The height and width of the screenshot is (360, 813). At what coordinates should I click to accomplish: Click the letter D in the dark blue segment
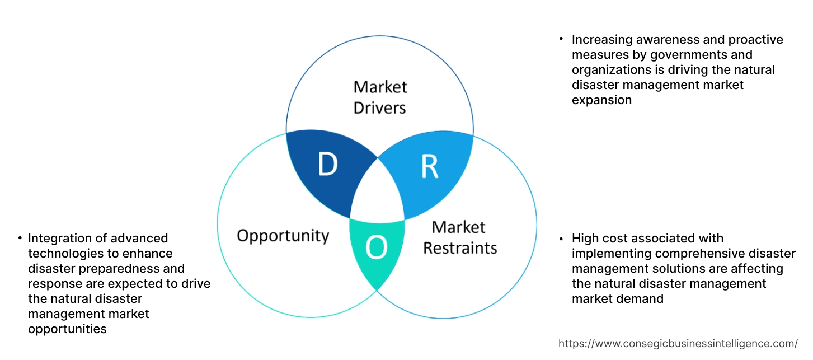pos(327,165)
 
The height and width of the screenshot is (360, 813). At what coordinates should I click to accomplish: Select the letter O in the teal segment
pos(376,249)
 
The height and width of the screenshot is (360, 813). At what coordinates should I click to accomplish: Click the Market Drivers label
pos(380,97)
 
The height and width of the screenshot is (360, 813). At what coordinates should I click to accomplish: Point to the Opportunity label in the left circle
pos(283,235)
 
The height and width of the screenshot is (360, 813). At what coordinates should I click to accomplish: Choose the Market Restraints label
pos(459,237)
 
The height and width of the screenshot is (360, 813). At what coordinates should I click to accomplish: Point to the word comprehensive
pos(683,254)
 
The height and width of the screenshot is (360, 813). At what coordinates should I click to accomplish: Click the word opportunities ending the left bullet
pos(67,329)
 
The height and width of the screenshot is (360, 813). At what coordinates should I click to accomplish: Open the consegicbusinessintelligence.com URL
pos(678,343)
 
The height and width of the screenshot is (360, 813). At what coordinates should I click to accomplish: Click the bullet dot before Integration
pos(21,239)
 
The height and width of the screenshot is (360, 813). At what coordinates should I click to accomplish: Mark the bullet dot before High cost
pos(561,239)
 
